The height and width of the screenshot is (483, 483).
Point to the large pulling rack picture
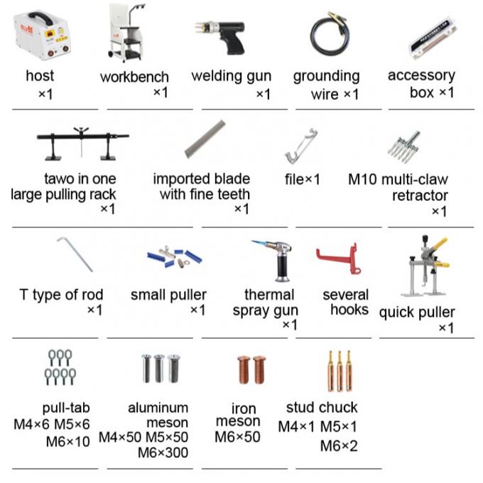(82, 146)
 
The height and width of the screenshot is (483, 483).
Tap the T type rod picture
(74, 255)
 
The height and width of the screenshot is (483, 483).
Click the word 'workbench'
(134, 77)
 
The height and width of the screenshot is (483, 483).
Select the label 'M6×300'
(163, 452)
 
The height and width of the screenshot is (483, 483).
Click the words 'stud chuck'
(322, 408)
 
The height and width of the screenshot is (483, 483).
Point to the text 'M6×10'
(68, 441)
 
